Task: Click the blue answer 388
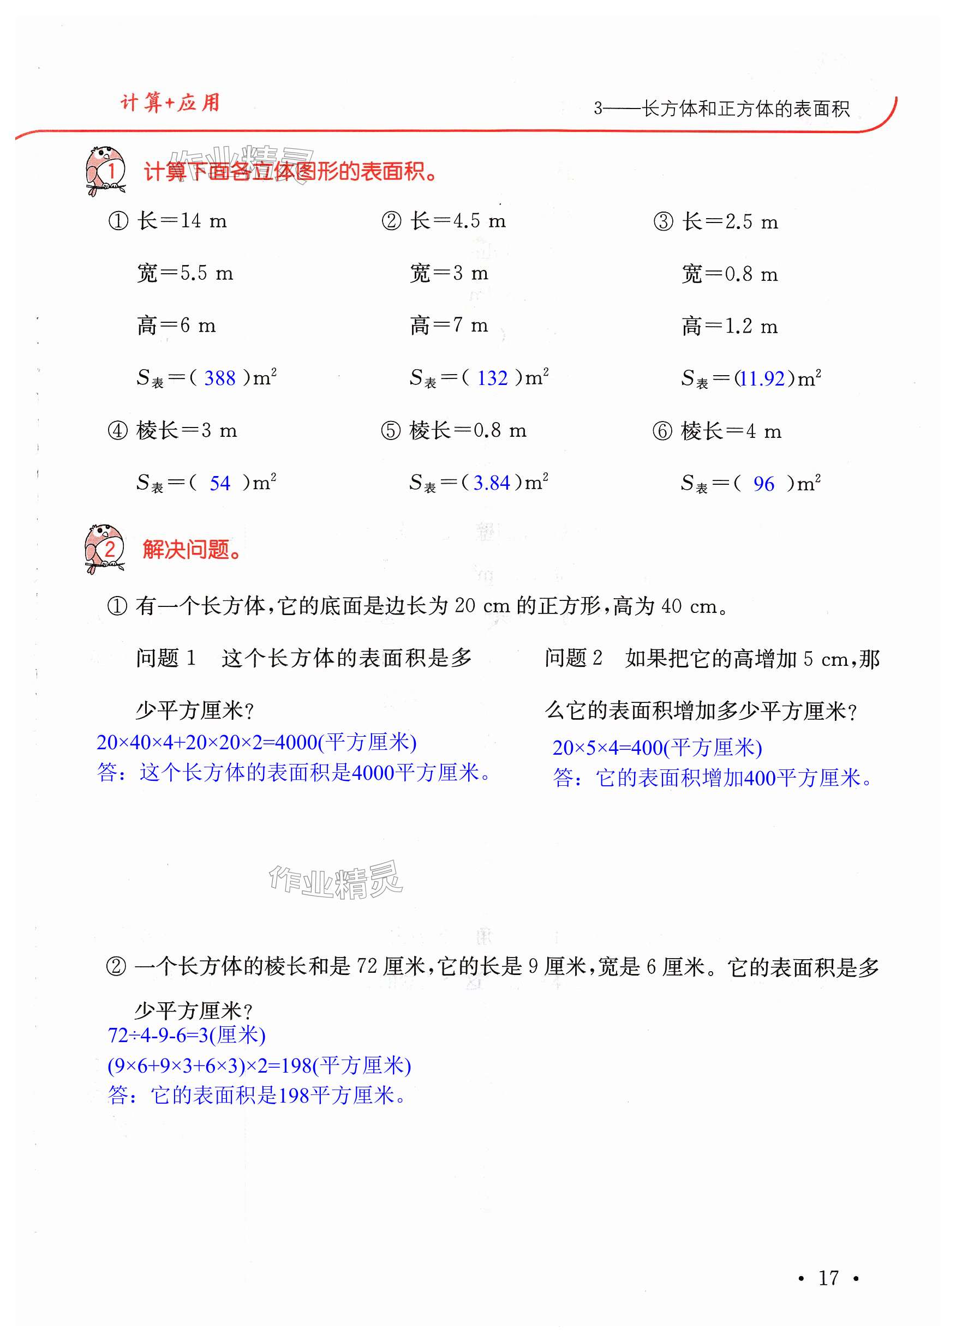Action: [219, 378]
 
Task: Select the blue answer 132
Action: [492, 378]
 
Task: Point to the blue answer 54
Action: [219, 483]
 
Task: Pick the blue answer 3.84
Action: [492, 483]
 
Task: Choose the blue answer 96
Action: [763, 484]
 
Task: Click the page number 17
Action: [828, 1277]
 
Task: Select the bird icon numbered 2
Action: [105, 549]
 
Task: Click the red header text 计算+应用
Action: [170, 103]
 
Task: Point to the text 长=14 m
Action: [182, 221]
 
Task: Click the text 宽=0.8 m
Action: [730, 274]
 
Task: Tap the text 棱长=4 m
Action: [731, 431]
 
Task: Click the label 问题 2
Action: [573, 658]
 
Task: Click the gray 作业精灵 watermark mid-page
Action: [336, 880]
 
